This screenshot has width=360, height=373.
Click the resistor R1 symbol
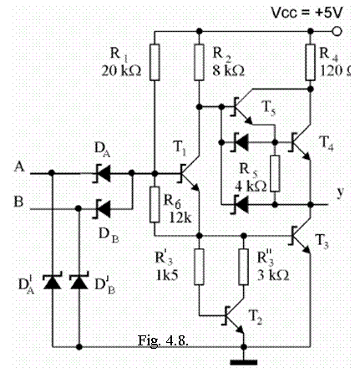pyautogui.click(x=155, y=63)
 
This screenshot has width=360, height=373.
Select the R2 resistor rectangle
pyautogui.click(x=199, y=63)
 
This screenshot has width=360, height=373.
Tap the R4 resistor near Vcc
pyautogui.click(x=311, y=63)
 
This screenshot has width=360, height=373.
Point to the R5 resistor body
pyautogui.click(x=275, y=173)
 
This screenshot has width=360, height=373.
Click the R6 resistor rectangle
pyautogui.click(x=155, y=205)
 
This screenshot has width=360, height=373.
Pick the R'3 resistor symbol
pyautogui.click(x=199, y=267)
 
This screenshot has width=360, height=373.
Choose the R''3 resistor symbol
pyautogui.click(x=244, y=267)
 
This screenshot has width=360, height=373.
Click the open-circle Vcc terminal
pyautogui.click(x=337, y=31)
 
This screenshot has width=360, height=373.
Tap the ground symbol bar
pyautogui.click(x=244, y=362)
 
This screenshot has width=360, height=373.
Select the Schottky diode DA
pyautogui.click(x=102, y=173)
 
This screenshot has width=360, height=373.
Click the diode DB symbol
pyautogui.click(x=102, y=208)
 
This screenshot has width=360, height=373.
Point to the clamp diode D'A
pyautogui.click(x=52, y=281)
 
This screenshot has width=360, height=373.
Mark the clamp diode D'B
pyautogui.click(x=79, y=281)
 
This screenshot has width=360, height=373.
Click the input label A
pyautogui.click(x=19, y=167)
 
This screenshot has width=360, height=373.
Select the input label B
pyautogui.click(x=18, y=202)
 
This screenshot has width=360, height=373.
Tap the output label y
pyautogui.click(x=339, y=192)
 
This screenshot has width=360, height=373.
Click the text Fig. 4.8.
pyautogui.click(x=163, y=340)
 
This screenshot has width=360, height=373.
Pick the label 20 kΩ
pyautogui.click(x=121, y=71)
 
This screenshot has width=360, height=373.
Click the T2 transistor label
pyautogui.click(x=256, y=317)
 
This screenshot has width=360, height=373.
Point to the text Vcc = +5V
pyautogui.click(x=306, y=13)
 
